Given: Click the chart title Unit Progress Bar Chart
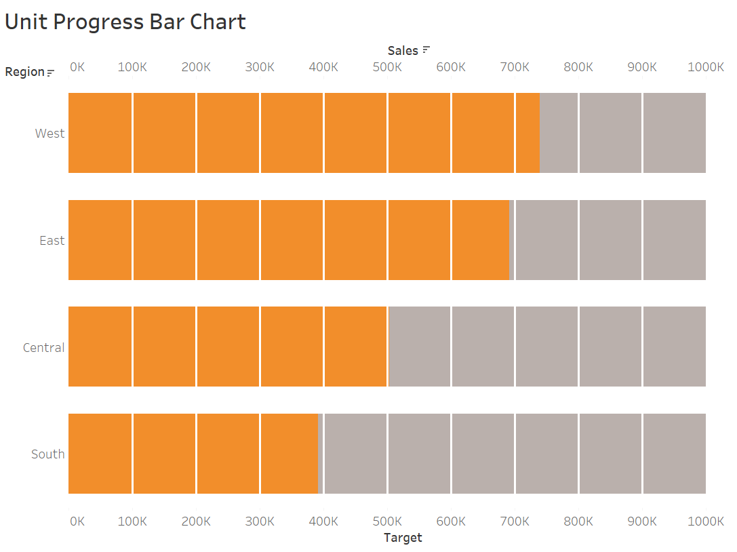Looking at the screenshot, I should coord(125,22).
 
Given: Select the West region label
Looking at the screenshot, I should coord(49,134).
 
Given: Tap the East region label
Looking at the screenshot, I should coord(52,241).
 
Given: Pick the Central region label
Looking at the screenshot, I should coord(44,348).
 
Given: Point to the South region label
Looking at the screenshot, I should coord(48,454).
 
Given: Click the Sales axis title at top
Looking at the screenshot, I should coord(403,50).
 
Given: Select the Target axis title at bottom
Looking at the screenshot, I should coord(403,538).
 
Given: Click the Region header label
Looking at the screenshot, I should coord(24,72).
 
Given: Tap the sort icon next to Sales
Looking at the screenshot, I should coord(426,50).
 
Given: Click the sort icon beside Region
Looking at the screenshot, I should coord(50,73).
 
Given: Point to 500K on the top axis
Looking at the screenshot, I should coord(387,66).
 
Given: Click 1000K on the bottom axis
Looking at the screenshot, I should coord(705,521).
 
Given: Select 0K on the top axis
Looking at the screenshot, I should coord(77,66).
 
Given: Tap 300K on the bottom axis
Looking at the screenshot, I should coord(260,521).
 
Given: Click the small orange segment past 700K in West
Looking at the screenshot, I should coord(527,133).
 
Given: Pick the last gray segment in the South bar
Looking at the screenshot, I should coord(675,454).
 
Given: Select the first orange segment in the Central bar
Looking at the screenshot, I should coord(100,347).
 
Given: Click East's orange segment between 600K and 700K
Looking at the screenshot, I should coord(480,240).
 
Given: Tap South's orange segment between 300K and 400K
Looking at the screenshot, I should coord(290,454).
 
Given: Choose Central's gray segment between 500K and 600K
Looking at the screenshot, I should coord(419,347).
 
